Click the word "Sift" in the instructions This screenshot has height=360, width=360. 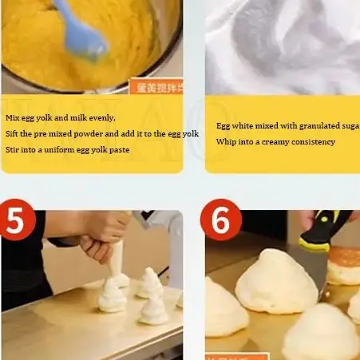12,133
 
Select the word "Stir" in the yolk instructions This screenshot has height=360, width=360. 12,149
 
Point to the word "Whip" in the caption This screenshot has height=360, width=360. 226,142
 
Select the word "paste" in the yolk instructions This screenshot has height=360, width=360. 119,149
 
